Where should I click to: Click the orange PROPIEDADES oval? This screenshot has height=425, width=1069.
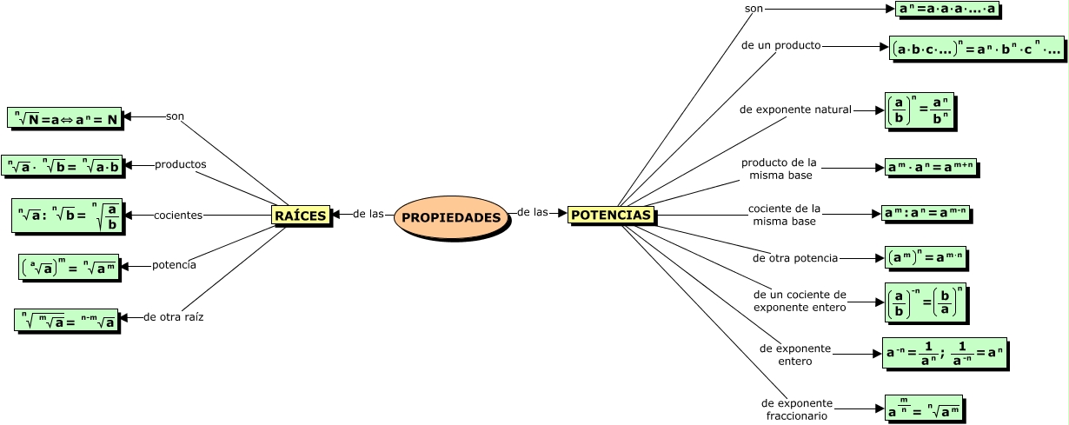(450, 216)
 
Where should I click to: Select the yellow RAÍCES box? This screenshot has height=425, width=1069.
(300, 215)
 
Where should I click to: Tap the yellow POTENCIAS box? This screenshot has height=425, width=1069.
(610, 214)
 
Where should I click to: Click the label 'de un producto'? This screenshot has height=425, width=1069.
(780, 45)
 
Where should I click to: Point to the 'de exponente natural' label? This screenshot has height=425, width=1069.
(795, 110)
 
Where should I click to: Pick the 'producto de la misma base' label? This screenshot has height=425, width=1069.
(780, 169)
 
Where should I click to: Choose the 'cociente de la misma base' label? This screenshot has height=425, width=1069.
(784, 215)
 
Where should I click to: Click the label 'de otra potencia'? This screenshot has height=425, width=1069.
(795, 258)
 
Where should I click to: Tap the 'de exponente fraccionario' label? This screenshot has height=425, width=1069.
(796, 409)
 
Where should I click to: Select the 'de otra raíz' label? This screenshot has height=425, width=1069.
(173, 317)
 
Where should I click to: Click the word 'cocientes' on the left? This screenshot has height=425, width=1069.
(178, 215)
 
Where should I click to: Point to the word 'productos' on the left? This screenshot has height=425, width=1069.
(180, 164)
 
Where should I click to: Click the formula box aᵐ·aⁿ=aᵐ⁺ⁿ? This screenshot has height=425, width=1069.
(931, 167)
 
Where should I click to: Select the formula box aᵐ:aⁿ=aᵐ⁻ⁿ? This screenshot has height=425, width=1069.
(925, 213)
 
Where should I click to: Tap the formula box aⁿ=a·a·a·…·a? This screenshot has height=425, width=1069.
(947, 10)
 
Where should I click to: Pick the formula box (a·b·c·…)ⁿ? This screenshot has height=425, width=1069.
(976, 49)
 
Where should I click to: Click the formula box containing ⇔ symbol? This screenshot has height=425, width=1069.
(64, 118)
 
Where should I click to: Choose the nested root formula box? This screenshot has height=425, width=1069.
(66, 320)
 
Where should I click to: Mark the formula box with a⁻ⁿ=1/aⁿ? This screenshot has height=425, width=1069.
(944, 353)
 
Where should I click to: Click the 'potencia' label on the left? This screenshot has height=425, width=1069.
(174, 265)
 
